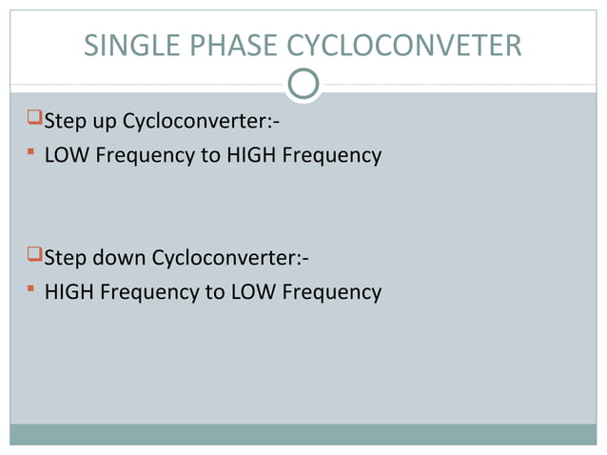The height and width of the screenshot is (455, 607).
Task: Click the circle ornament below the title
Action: [303, 85]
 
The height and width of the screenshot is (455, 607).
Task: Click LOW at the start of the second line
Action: [66, 154]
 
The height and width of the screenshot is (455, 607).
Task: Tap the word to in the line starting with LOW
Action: [209, 154]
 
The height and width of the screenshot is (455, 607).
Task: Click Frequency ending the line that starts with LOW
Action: [334, 154]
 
